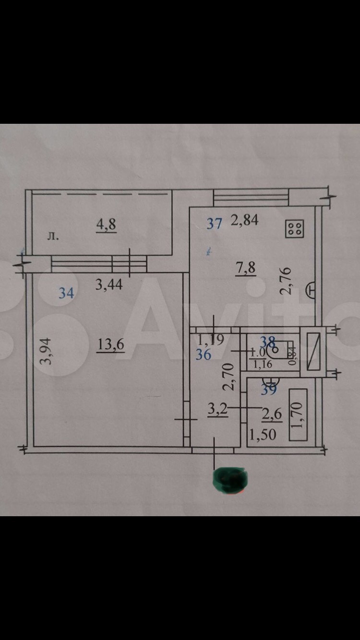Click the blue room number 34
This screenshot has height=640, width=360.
click(x=66, y=293)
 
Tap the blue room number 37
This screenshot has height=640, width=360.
click(x=215, y=223)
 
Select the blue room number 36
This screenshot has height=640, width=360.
click(x=204, y=355)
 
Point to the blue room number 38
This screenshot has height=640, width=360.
click(x=267, y=342)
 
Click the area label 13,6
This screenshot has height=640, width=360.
click(x=110, y=344)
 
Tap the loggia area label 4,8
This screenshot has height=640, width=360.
click(x=106, y=224)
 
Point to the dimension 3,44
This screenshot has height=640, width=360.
click(x=109, y=285)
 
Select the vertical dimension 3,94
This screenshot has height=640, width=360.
click(x=46, y=351)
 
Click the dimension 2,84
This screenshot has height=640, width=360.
click(x=245, y=220)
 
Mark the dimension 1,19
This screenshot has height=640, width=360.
click(x=211, y=340)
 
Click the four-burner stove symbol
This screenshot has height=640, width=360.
click(x=294, y=228)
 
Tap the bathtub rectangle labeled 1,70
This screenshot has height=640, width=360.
click(x=298, y=415)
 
